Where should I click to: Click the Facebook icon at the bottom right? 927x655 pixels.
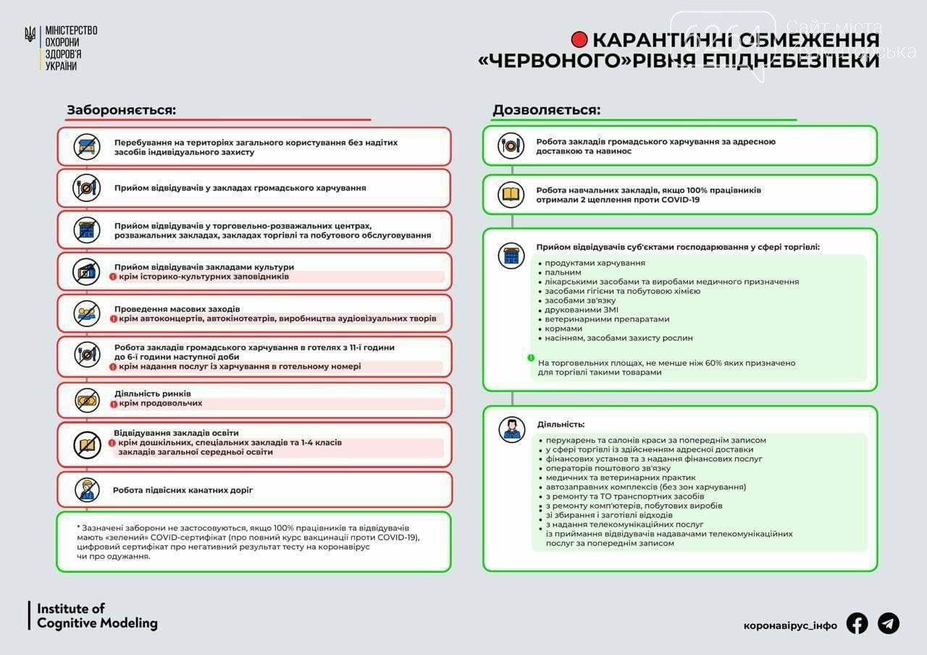click(857, 624)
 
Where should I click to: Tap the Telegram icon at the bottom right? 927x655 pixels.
click(889, 624)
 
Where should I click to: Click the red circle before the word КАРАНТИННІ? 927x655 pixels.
click(579, 40)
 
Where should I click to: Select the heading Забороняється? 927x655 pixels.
click(122, 110)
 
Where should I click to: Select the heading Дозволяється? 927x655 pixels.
click(546, 110)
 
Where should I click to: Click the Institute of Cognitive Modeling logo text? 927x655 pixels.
click(97, 615)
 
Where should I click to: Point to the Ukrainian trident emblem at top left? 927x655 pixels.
click(30, 34)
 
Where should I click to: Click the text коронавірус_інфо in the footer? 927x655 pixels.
click(790, 625)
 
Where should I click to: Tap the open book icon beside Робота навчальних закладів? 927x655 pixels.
click(511, 194)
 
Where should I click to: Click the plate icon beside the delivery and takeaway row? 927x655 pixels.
click(511, 146)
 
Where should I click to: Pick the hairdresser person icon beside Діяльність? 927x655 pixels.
click(511, 428)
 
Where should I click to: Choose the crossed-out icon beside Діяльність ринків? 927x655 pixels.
click(87, 400)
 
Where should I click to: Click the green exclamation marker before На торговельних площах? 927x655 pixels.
click(531, 358)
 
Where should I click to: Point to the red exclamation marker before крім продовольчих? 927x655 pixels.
click(113, 403)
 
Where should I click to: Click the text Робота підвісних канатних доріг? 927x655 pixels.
click(183, 490)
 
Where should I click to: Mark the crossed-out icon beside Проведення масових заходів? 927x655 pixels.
click(87, 313)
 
